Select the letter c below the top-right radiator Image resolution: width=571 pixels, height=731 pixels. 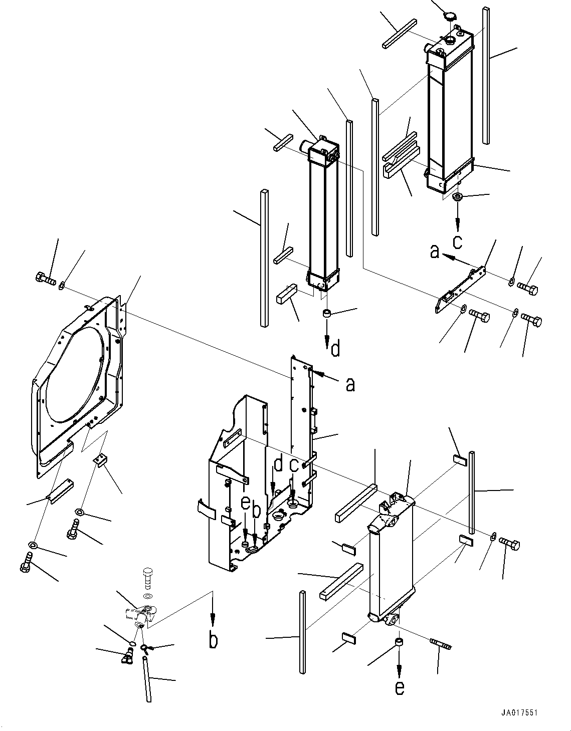click(457, 242)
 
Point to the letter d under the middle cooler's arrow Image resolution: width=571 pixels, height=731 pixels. click(335, 348)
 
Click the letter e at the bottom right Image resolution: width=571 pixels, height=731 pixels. click(399, 688)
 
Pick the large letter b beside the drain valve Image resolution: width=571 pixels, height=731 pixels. click(214, 640)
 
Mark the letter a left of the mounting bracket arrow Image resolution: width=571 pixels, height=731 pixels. click(434, 252)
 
